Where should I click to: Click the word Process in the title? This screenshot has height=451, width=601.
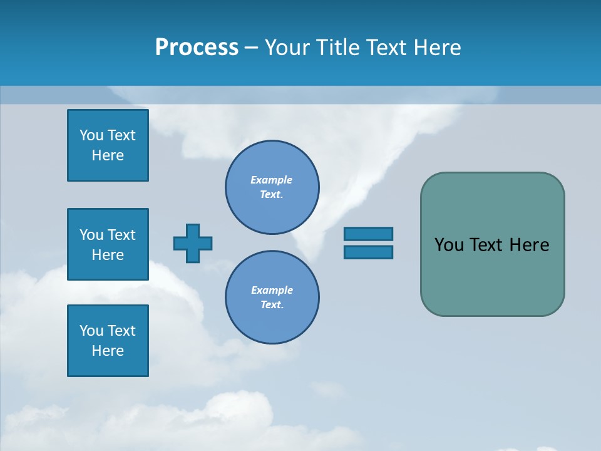(197, 48)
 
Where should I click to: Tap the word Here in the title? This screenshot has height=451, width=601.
(436, 48)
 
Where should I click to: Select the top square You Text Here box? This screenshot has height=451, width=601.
(108, 145)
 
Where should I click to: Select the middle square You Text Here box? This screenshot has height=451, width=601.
(108, 244)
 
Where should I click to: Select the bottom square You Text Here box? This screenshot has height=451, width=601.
(108, 341)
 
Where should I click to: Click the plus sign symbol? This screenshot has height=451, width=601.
(193, 243)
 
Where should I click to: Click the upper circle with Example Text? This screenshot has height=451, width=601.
(272, 187)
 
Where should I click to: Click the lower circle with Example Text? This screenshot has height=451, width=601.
(272, 298)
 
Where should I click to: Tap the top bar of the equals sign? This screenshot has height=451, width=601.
(368, 234)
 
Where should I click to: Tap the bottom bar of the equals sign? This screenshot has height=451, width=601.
(368, 252)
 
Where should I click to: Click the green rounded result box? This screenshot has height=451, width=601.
(492, 276)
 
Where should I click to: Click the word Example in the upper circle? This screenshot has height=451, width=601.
(272, 180)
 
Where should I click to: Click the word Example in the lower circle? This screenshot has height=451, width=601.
(272, 290)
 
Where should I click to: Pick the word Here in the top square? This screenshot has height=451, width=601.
(108, 155)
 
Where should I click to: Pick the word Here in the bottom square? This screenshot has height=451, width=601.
(108, 351)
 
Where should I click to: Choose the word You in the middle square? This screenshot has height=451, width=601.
(91, 235)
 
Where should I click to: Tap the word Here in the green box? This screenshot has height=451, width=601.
(529, 245)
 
